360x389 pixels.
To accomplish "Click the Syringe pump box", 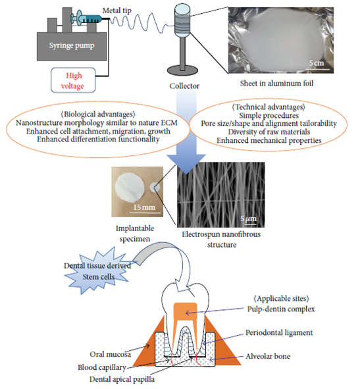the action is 72,46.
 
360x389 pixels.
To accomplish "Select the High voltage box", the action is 73,80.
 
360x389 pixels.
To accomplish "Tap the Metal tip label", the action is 117,11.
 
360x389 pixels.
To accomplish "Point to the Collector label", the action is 184,86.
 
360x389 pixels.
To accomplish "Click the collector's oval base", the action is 182,71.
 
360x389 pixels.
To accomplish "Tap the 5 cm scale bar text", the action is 317,63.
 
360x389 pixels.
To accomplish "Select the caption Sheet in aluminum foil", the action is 276,84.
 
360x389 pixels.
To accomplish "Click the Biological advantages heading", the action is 98,115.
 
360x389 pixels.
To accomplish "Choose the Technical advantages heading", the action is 269,107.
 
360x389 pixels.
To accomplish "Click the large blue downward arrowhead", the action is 186,163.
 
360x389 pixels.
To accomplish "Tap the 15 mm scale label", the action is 144,207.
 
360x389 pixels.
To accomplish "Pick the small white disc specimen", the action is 155,188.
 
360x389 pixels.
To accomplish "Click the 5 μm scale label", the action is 248,219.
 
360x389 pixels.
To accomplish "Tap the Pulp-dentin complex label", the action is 281,309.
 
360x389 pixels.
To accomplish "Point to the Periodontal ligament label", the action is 279,332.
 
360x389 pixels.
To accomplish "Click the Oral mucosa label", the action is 110,354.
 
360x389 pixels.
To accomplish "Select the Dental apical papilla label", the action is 122,379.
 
